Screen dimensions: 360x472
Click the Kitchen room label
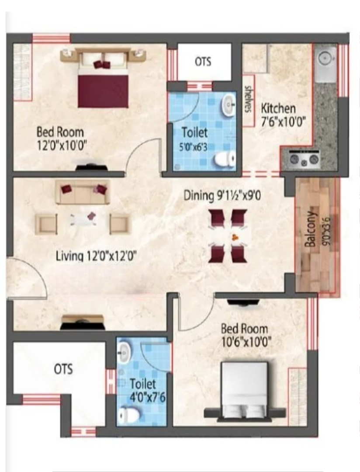click(278, 108)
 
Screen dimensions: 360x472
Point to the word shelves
click(249, 99)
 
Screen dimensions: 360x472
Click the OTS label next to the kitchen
click(203, 62)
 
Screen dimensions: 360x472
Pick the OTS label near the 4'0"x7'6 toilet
click(63, 369)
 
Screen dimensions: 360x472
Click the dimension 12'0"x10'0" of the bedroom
click(62, 146)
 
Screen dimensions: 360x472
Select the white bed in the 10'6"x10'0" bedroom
click(244, 390)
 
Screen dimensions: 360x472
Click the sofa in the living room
click(83, 192)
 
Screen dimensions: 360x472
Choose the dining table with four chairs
click(228, 236)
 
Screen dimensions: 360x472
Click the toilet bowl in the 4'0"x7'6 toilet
click(129, 415)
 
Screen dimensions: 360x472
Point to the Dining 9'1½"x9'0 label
click(222, 196)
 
